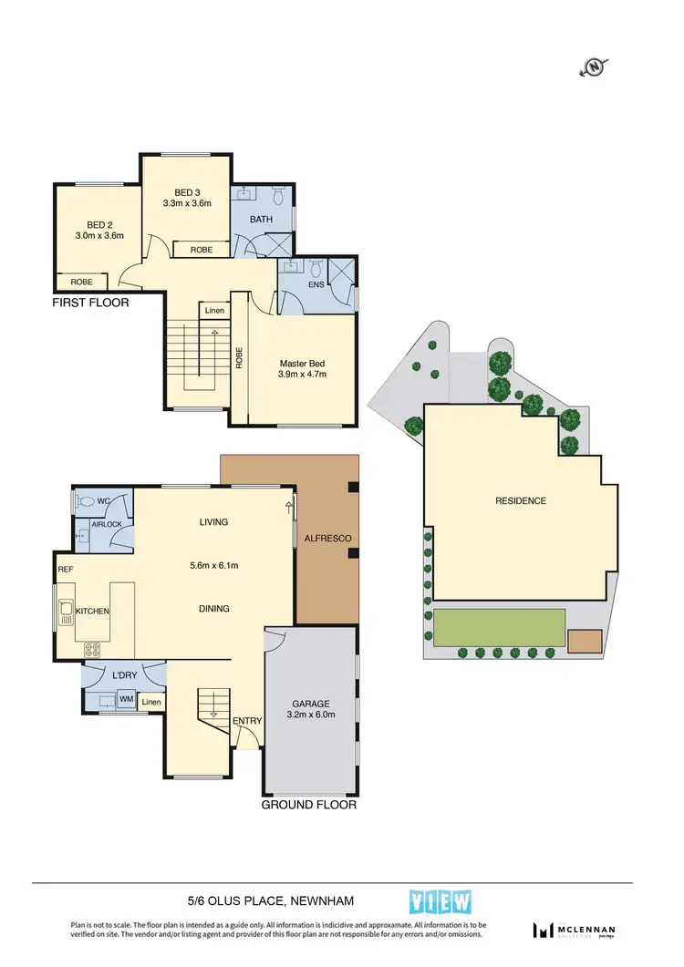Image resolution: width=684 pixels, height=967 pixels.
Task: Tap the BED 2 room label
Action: (99, 224)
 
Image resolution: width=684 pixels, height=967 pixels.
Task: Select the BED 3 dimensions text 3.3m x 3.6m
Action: (192, 203)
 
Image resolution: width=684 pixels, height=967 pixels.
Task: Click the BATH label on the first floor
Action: (261, 219)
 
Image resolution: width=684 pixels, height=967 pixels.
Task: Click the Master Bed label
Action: (302, 362)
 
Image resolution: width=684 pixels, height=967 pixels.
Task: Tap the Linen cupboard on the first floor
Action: (214, 311)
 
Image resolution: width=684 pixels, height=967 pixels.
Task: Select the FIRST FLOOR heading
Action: (90, 303)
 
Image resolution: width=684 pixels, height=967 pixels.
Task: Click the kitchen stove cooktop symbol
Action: (92, 650)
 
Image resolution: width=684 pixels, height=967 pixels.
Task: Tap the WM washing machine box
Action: (126, 700)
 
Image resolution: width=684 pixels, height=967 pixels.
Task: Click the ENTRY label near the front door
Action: (247, 721)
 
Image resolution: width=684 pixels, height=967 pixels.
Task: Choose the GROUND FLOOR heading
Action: (308, 805)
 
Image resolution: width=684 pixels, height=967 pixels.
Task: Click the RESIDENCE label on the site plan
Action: (521, 500)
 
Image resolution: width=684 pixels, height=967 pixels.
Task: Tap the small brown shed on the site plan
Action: (585, 641)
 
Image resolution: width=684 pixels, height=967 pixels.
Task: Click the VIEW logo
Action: (441, 901)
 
